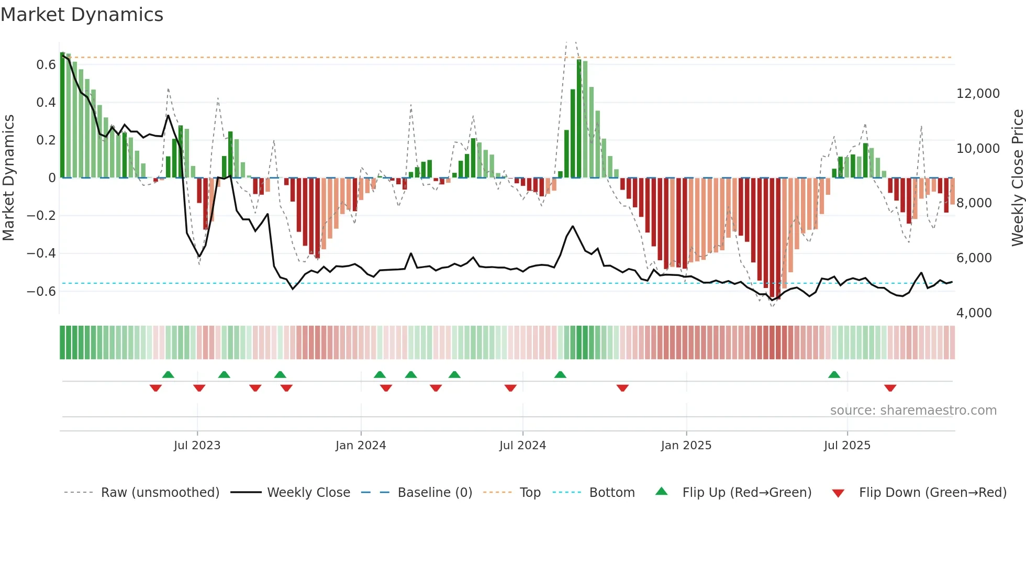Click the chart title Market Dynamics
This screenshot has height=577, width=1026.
[x=82, y=15]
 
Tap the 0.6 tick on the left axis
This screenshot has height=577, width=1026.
[x=46, y=65]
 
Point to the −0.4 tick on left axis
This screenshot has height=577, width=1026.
[x=41, y=253]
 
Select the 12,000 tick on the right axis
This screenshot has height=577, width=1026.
[x=978, y=94]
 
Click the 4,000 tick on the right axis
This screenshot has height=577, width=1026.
[x=974, y=313]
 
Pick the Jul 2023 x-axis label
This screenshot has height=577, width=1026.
[x=197, y=446]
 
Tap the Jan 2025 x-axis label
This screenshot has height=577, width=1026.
[x=686, y=446]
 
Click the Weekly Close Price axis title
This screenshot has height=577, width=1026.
[x=1017, y=177]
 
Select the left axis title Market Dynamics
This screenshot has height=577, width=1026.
[x=8, y=177]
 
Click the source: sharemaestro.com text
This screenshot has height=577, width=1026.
[x=913, y=410]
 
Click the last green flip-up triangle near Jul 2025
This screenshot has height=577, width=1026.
[x=834, y=375]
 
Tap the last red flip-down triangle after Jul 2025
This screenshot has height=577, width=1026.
[x=890, y=388]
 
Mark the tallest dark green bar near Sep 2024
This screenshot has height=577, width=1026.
[x=579, y=119]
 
